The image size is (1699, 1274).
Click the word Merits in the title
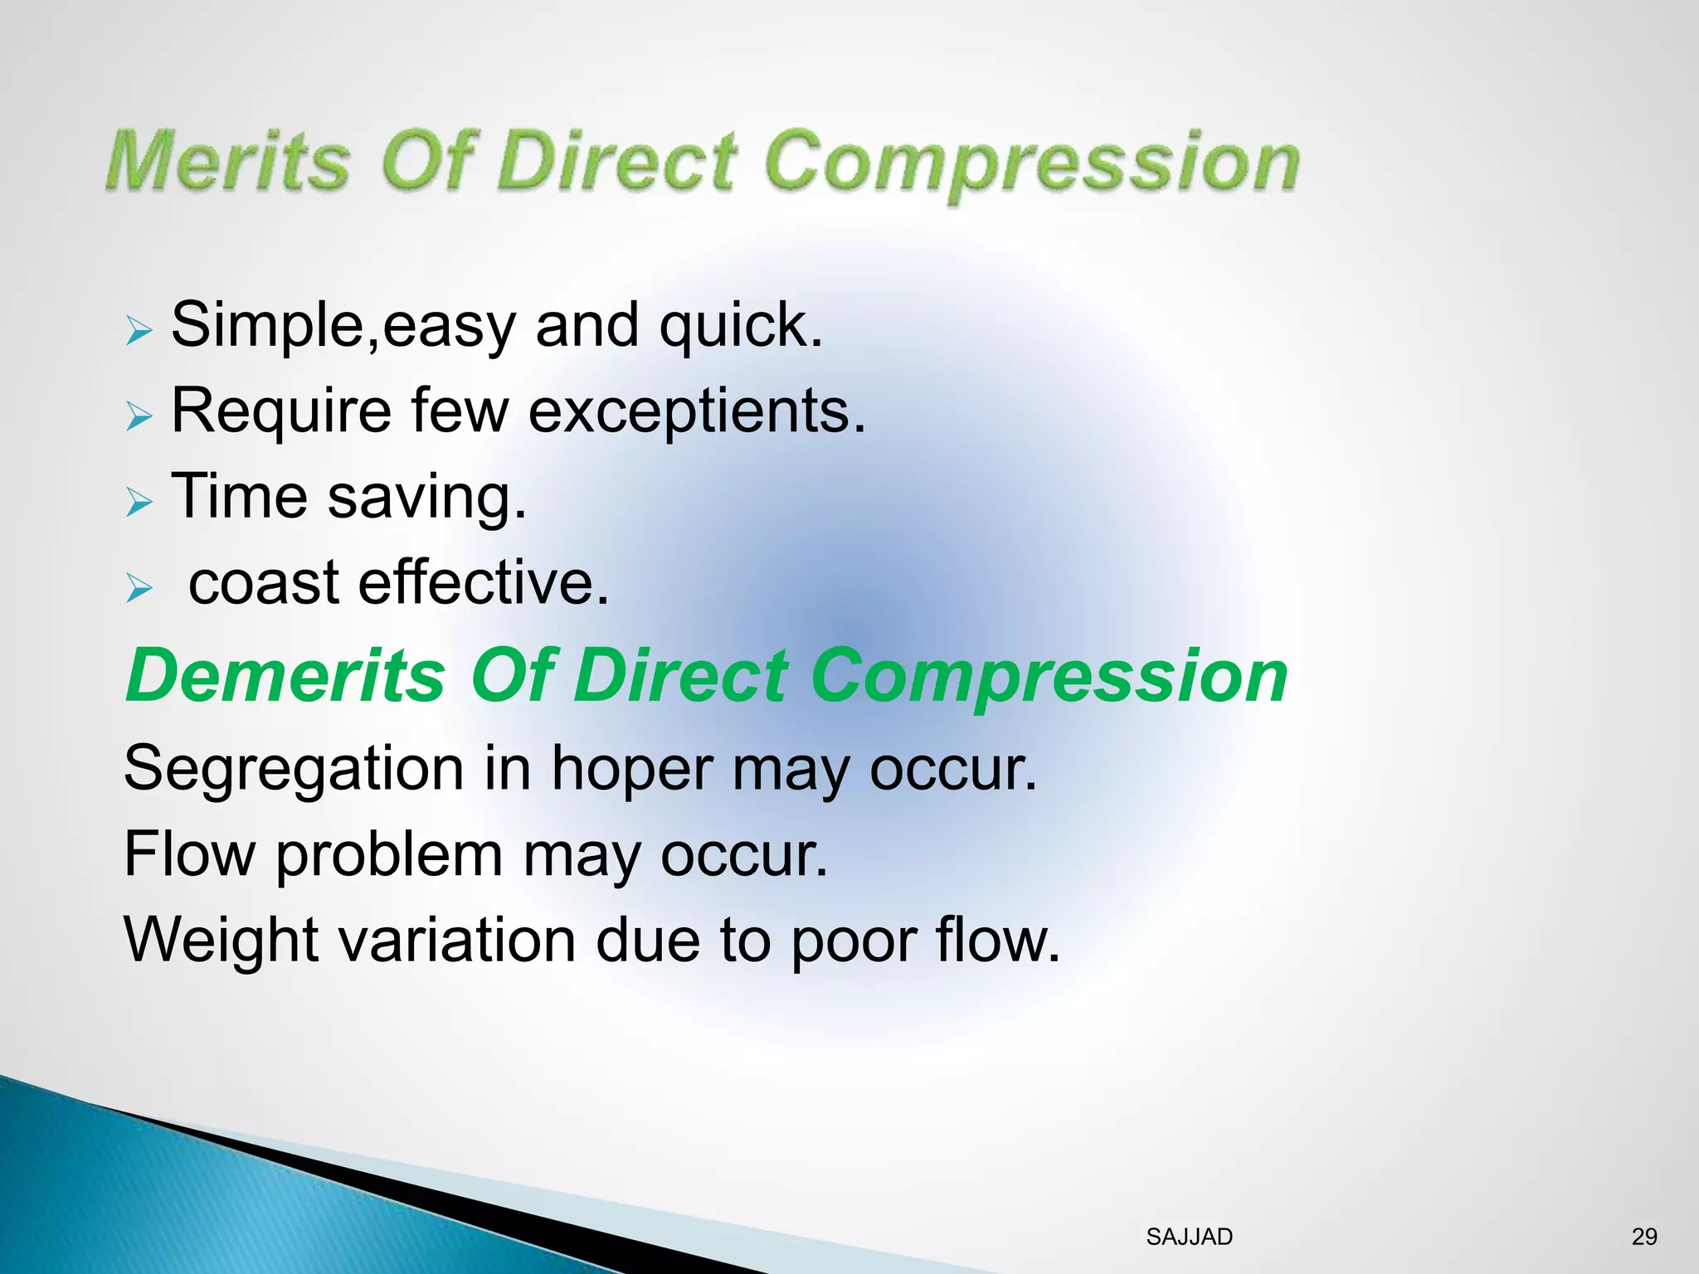(x=228, y=160)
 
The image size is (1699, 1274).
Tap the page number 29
(x=1643, y=1237)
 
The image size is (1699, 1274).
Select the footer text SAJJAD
(x=1189, y=1237)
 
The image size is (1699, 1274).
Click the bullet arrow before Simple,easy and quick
(x=139, y=331)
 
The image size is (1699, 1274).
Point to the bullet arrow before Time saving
(x=139, y=502)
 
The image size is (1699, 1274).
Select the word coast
(x=264, y=582)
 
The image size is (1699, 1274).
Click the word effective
(x=483, y=582)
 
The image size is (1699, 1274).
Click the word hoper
(x=631, y=769)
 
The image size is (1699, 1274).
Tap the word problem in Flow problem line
(x=389, y=855)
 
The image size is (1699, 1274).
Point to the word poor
(x=852, y=941)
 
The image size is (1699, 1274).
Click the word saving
(x=426, y=498)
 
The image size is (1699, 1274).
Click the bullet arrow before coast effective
(x=139, y=589)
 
